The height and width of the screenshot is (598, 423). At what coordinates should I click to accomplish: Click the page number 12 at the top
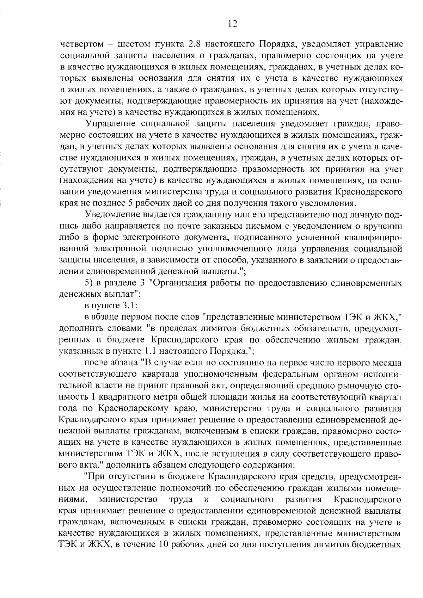click(x=233, y=24)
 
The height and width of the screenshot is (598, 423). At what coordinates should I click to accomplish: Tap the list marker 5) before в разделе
click(x=88, y=283)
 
